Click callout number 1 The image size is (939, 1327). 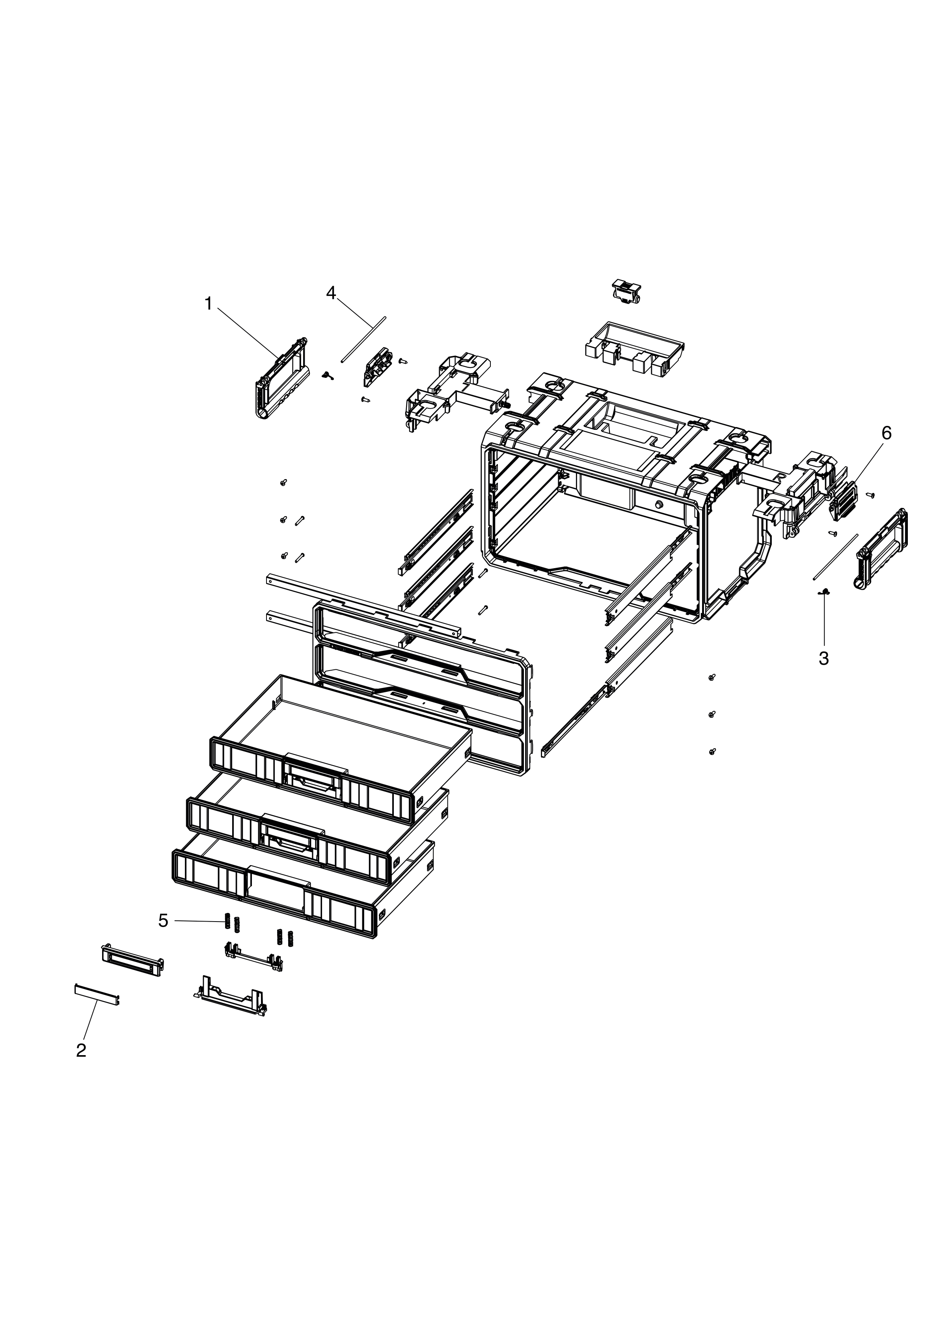click(x=209, y=304)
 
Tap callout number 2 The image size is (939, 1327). click(x=81, y=1050)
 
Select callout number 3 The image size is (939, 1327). click(x=824, y=658)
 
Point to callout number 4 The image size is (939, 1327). click(x=331, y=293)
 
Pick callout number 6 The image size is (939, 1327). click(x=886, y=433)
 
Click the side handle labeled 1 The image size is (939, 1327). click(x=280, y=379)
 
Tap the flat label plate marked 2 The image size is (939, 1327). click(x=97, y=993)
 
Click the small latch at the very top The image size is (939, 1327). click(x=624, y=291)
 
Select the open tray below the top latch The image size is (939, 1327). click(x=634, y=349)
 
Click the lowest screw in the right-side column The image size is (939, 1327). click(x=712, y=752)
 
